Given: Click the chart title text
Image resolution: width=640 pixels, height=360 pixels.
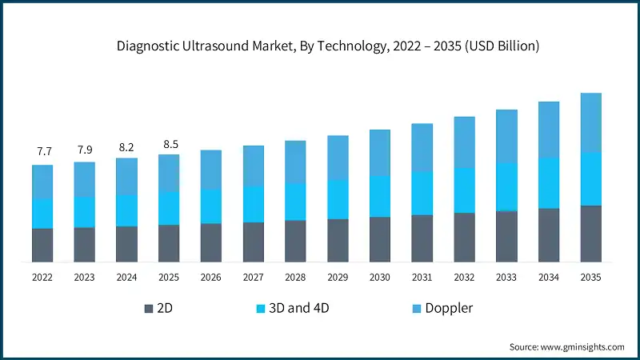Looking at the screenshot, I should pos(320,46).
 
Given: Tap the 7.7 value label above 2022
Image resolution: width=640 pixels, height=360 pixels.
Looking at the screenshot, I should pos(42,151).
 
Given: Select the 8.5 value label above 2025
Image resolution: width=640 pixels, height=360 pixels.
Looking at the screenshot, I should pos(169,144).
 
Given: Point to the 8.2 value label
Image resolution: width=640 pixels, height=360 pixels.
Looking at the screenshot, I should pos(126,147).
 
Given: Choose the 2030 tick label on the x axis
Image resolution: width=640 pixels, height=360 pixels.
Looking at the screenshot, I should pos(379,277).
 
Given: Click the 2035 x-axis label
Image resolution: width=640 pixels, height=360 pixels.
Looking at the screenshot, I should pos(590,277).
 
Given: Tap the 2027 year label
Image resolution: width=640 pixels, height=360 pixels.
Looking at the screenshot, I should pos(253,277).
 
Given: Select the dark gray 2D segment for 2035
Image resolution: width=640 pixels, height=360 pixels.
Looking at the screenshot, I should pos(590,234).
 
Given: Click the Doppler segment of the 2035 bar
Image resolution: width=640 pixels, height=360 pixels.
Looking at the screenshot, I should pos(590,122).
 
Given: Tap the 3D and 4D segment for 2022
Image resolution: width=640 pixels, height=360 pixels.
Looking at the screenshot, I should pos(42,214).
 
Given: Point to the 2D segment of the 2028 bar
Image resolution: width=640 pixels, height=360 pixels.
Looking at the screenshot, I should pos(295,241).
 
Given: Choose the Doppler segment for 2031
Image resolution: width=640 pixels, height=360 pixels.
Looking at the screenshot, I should pos(422,147).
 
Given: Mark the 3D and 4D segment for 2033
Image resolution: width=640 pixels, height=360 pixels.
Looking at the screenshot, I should pos(506,186).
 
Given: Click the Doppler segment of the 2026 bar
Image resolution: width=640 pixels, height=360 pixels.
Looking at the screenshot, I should pos(211,170).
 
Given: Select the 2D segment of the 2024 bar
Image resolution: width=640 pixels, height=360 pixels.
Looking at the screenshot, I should pos(126,244).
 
